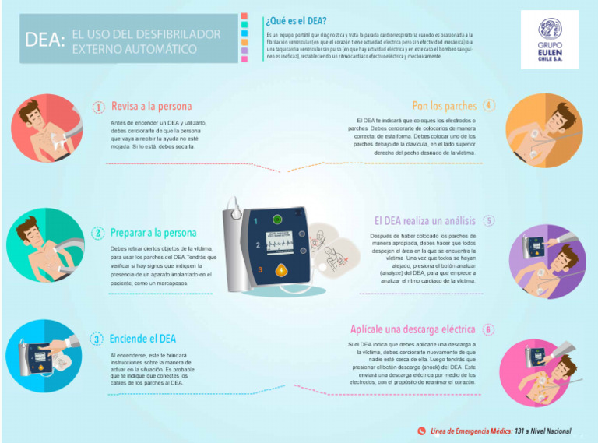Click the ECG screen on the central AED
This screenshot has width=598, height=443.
click(283, 243)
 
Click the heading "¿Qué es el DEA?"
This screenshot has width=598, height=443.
click(296, 20)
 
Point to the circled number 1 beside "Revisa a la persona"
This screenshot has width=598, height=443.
click(99, 107)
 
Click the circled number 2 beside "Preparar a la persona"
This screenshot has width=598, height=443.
click(98, 233)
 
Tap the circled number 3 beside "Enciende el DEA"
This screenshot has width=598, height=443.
click(97, 339)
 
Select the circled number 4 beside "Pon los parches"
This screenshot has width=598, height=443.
click(488, 106)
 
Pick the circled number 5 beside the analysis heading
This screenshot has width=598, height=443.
click(488, 220)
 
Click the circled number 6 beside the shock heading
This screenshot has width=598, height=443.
click(488, 329)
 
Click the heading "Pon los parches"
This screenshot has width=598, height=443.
click(444, 106)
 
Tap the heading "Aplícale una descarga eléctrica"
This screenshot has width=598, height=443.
click(412, 329)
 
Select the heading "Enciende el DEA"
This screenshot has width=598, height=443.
click(142, 339)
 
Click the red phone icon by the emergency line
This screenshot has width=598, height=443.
click(421, 431)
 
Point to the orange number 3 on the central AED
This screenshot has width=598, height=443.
click(260, 269)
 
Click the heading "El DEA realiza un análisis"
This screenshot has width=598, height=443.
click(424, 220)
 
